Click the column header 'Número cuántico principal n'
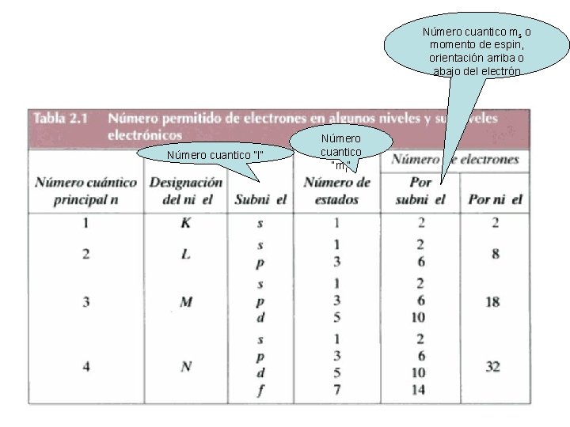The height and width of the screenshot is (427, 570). coord(85,191)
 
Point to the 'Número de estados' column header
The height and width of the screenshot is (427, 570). coord(336,191)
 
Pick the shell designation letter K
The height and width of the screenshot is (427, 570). coord(185,223)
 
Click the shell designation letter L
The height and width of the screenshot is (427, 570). coord(185,254)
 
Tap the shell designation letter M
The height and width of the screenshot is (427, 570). coord(185,301)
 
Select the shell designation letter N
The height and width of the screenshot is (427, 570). coord(185,365)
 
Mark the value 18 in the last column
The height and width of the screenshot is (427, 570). coord(494,301)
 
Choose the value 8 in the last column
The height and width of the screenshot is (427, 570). coord(494,254)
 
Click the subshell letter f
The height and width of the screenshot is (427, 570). coord(260,388)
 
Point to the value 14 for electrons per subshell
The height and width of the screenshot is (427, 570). coord(419,388)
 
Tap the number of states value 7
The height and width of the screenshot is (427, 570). coord(336,388)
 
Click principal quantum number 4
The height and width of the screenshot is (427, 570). coord(85,365)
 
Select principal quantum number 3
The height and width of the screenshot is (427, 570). coord(85,301)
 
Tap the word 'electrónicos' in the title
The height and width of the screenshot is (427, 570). coord(146,135)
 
